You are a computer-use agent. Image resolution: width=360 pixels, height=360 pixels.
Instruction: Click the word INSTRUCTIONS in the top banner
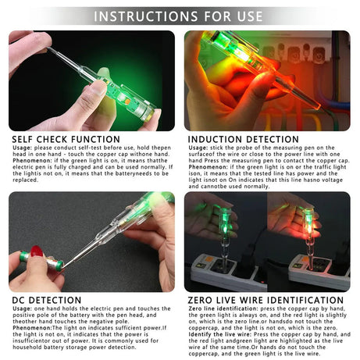point(148,16)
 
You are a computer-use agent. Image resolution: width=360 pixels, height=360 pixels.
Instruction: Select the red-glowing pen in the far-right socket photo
point(309,226)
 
